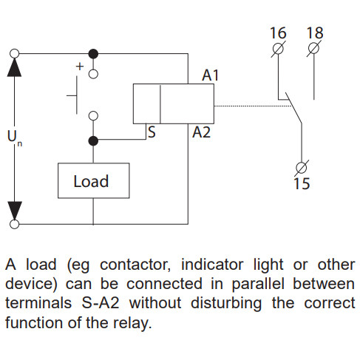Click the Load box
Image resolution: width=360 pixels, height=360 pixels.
91,181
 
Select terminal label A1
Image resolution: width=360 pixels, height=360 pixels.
211,75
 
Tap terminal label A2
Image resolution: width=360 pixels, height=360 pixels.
201,133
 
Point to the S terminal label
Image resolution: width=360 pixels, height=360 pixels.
152,133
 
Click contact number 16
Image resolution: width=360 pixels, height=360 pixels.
278,33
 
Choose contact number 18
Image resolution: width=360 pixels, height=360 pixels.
314,33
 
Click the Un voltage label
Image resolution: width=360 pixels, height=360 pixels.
13,137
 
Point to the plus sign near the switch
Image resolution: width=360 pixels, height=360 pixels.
79,66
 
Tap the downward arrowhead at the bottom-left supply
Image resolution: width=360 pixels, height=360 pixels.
14,208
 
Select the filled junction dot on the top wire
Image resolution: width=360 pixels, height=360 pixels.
92,54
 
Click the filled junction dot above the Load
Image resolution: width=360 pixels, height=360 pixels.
92,140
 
